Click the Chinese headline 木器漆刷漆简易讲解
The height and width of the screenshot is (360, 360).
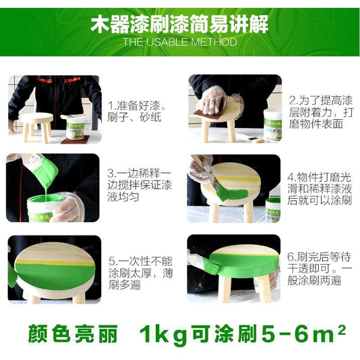[180, 24]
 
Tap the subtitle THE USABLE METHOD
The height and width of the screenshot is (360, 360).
[180, 42]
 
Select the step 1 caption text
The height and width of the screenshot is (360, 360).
[136, 111]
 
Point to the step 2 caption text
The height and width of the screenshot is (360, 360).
[321, 112]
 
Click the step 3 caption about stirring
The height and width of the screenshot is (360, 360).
[139, 185]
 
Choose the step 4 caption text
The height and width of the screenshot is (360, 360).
[319, 189]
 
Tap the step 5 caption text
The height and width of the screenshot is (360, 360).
[141, 273]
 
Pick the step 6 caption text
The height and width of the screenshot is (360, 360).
[319, 268]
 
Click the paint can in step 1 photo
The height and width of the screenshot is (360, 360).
[76, 127]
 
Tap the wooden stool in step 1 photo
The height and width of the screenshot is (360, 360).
[37, 127]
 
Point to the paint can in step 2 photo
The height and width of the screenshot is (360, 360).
[273, 125]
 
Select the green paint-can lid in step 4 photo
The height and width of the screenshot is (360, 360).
[274, 201]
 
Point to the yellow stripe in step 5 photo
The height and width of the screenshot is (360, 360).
[54, 263]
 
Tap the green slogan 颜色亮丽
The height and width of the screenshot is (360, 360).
[72, 334]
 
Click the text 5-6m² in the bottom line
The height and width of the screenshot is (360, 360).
[303, 333]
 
